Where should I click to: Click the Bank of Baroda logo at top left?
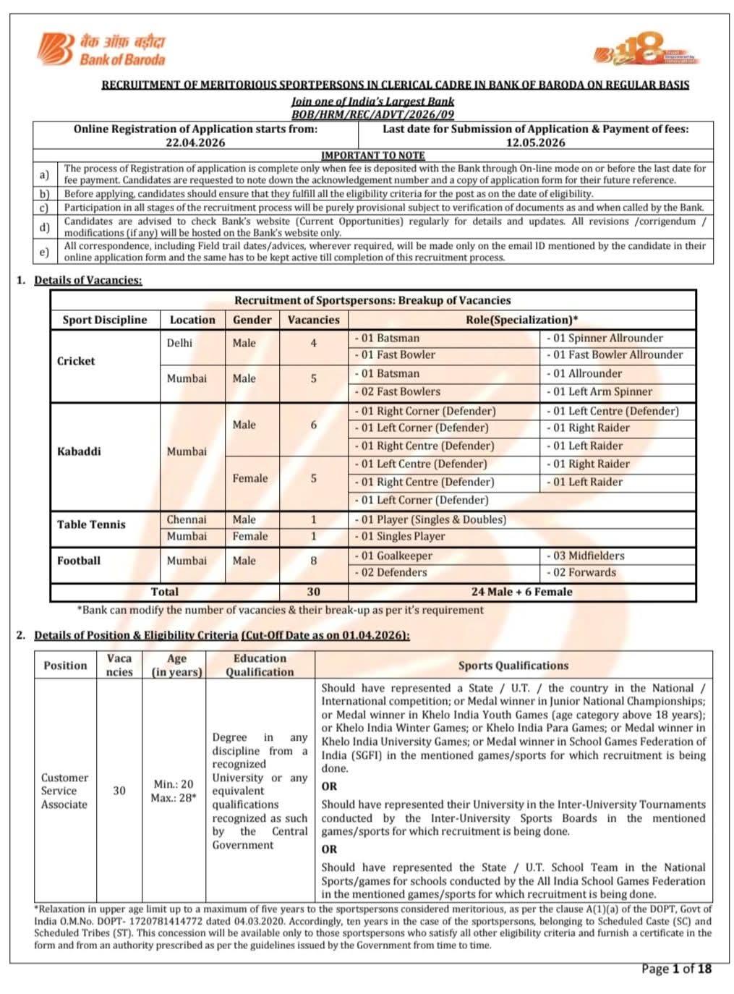point(101,49)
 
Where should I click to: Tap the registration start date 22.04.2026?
point(195,143)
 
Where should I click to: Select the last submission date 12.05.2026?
point(535,143)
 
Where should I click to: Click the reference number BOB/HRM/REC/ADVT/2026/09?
point(372,114)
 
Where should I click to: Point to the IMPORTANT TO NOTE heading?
point(372,156)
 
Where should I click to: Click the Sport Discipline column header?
point(105,320)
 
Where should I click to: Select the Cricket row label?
point(76,361)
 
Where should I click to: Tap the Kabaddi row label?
point(79,451)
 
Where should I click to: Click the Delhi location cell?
point(179,343)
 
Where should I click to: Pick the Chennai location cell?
point(187,519)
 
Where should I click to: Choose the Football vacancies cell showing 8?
point(313,561)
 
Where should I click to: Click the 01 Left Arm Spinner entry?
point(602,391)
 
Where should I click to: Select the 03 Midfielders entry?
point(589,556)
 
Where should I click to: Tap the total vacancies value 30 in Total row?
point(313,592)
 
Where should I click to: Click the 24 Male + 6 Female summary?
point(521,592)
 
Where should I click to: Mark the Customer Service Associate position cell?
point(64,791)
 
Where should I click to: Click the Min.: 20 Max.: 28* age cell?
point(173,791)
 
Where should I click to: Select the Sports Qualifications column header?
point(513,666)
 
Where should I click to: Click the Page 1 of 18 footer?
point(676,969)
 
